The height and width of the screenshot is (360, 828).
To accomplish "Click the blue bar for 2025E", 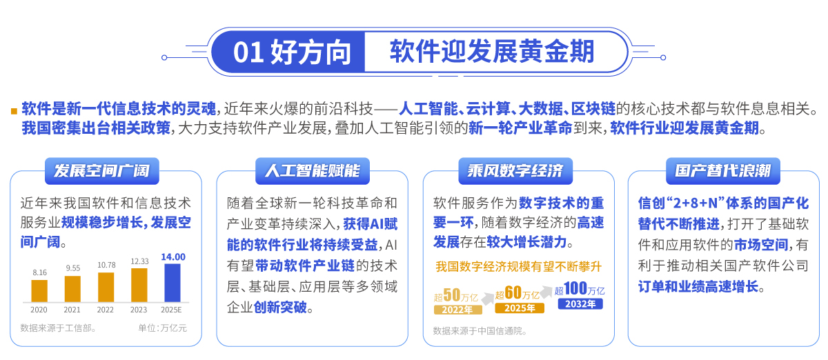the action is [172, 283].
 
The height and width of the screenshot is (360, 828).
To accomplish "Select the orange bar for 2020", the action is [39, 291].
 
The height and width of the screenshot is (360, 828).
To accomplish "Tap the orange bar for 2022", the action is [106, 287].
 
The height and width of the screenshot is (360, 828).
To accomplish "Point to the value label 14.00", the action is [173, 257].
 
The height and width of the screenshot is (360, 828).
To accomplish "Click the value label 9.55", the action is [73, 268].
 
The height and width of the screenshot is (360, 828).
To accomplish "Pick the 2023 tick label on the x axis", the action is [139, 310].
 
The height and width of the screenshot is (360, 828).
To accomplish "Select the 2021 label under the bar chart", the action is [72, 310].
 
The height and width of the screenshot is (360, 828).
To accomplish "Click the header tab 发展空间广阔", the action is [102, 171].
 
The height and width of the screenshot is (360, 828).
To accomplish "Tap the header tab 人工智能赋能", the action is [313, 171].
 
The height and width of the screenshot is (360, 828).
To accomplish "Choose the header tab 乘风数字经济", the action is [515, 171].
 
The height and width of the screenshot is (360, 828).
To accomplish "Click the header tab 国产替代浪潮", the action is [723, 171].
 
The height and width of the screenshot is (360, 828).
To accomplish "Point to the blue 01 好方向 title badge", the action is [288, 52].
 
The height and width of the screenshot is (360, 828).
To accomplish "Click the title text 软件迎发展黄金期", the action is [492, 51].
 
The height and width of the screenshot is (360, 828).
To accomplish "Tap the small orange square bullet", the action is [14, 111].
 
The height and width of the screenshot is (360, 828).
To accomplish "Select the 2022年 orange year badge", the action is [458, 310].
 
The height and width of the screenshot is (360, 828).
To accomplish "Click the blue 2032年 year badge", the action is [580, 304].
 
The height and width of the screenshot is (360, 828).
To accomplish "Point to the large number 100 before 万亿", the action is [575, 288].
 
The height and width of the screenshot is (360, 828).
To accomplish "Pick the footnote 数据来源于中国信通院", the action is [480, 331].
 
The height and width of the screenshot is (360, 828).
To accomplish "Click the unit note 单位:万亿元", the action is [162, 328].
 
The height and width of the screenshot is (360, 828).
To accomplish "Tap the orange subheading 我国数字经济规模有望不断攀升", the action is [519, 266].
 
